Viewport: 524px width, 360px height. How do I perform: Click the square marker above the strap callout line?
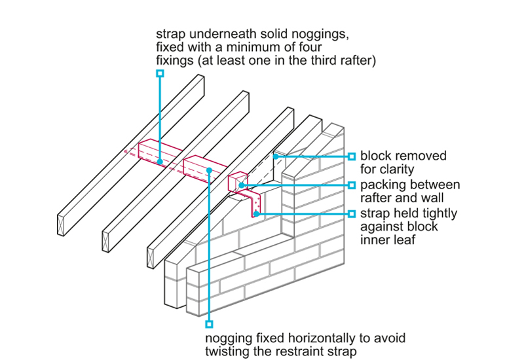pyautogui.click(x=160, y=75)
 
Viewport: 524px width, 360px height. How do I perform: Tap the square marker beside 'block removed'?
pyautogui.click(x=352, y=156)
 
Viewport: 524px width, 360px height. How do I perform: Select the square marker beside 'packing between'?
pyautogui.click(x=352, y=185)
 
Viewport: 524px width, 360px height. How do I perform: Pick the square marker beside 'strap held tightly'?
pyautogui.click(x=352, y=213)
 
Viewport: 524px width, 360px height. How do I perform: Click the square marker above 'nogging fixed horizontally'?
pyautogui.click(x=209, y=323)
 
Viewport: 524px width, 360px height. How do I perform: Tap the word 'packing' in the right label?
pyautogui.click(x=384, y=185)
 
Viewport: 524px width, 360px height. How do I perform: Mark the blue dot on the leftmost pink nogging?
pyautogui.click(x=160, y=160)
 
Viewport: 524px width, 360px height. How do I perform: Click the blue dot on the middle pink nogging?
pyautogui.click(x=209, y=171)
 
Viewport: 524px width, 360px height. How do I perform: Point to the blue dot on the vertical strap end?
pyautogui.click(x=257, y=213)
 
